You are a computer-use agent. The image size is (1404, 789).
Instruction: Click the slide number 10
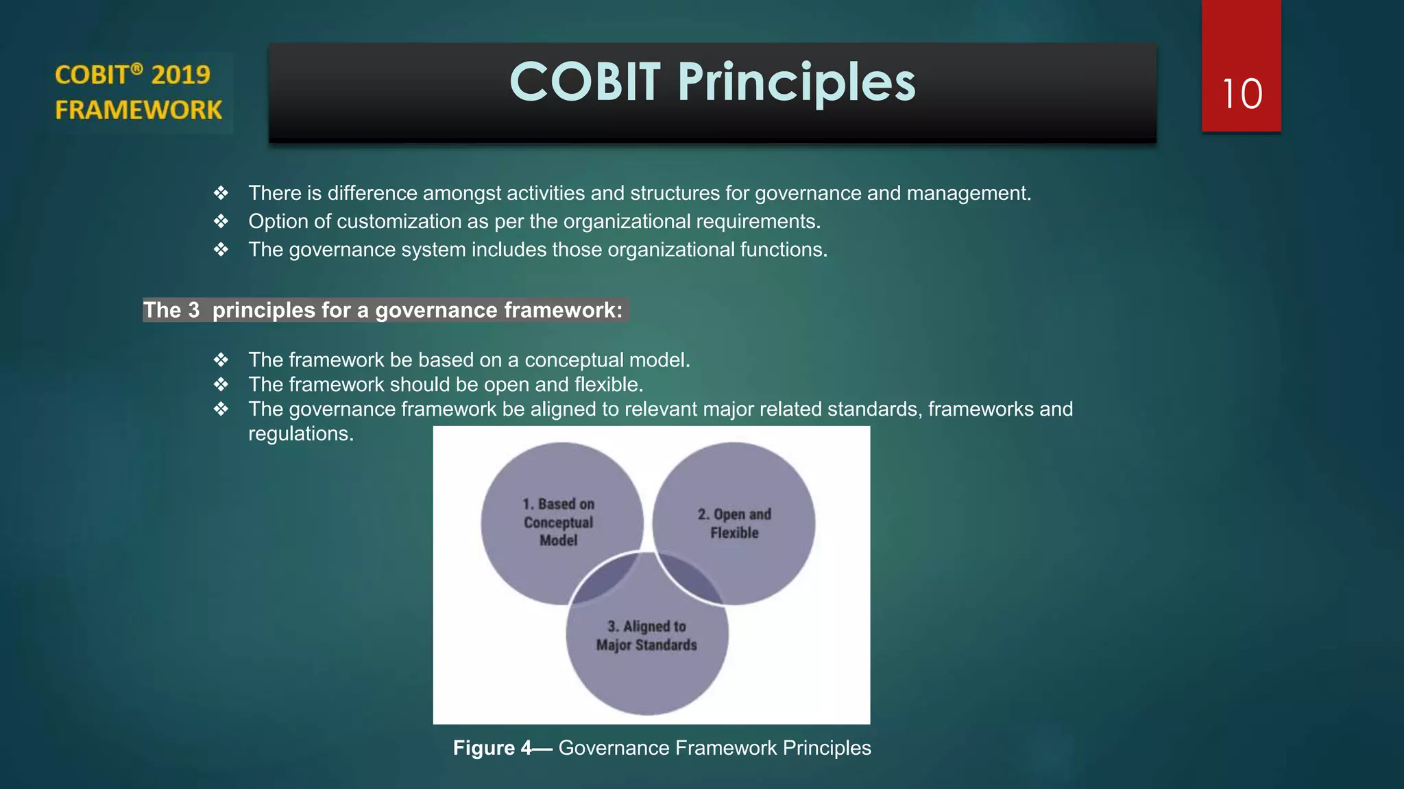coord(1242,95)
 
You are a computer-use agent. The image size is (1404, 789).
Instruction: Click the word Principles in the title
coord(797,83)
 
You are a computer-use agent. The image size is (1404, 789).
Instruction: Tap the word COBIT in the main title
coord(585,82)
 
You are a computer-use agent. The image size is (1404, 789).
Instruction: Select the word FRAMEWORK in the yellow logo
coord(138,110)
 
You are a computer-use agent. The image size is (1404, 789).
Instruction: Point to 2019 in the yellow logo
coord(180,75)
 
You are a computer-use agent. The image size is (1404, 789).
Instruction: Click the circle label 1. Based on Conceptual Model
coord(559,522)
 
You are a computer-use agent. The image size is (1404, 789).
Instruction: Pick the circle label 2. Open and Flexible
coord(734,523)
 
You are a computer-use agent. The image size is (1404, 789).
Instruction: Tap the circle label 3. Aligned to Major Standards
coord(646,636)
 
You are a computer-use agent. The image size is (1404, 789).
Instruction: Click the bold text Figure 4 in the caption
coord(492,748)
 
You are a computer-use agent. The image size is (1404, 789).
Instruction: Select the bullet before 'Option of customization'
coord(221,221)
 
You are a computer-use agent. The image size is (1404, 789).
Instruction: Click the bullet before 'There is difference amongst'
coord(221,193)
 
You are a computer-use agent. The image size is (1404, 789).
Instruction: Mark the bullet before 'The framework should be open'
coord(221,384)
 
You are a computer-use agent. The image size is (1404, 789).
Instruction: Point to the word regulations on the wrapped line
coord(300,434)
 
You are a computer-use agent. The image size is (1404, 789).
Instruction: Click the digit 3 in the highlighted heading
coord(194,310)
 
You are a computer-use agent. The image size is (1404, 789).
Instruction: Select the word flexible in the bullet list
coord(609,384)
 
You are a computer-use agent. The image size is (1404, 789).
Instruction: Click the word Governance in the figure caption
coord(614,748)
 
